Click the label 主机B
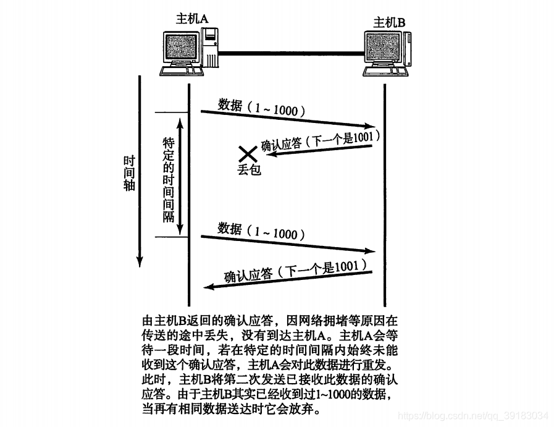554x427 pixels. (390, 23)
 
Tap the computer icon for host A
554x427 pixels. (189, 53)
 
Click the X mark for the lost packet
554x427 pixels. (248, 154)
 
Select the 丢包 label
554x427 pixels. (249, 169)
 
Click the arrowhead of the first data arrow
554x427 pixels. (372, 126)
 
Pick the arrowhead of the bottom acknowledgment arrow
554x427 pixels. (209, 287)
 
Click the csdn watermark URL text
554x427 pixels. (472, 415)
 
